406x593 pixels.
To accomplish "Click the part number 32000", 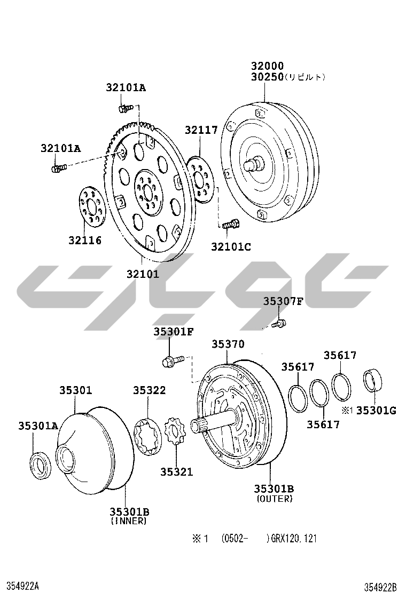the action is (x=268, y=66).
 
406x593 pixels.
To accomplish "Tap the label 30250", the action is (x=268, y=77).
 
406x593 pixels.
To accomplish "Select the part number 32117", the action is (x=201, y=130).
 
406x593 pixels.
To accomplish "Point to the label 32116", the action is (x=85, y=240).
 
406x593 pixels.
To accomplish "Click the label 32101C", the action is (x=231, y=246).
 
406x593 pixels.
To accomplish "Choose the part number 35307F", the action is (x=284, y=301).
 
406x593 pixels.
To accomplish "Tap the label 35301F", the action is (x=174, y=332).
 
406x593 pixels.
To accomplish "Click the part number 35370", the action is (x=228, y=344).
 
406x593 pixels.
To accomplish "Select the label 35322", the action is (x=149, y=390).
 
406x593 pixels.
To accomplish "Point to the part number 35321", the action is (x=176, y=471).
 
